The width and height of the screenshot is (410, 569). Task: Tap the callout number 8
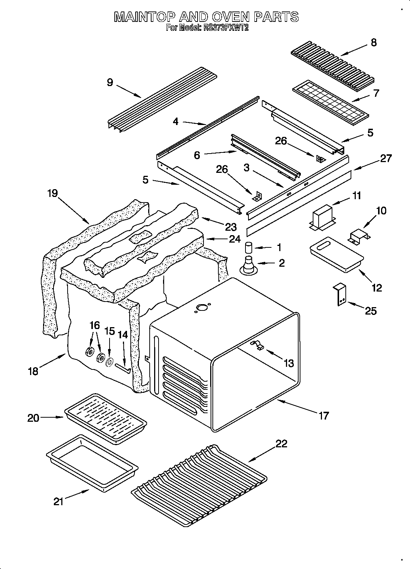[373, 42]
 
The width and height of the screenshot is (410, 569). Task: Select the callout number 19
[52, 193]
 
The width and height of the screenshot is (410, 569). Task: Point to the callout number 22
[281, 444]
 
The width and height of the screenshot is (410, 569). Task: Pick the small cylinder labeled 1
[249, 248]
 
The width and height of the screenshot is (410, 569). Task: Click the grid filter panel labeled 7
[330, 100]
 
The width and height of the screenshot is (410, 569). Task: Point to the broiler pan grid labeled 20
[105, 418]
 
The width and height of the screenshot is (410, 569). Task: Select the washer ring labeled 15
[110, 362]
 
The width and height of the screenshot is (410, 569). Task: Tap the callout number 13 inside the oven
[288, 363]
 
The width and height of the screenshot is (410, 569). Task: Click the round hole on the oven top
[202, 307]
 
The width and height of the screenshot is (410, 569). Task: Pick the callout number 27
[386, 158]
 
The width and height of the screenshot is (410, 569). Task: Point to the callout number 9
[110, 82]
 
